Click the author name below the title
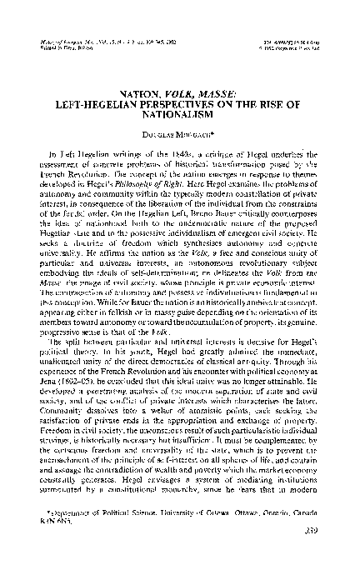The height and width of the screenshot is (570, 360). [x=179, y=117]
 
